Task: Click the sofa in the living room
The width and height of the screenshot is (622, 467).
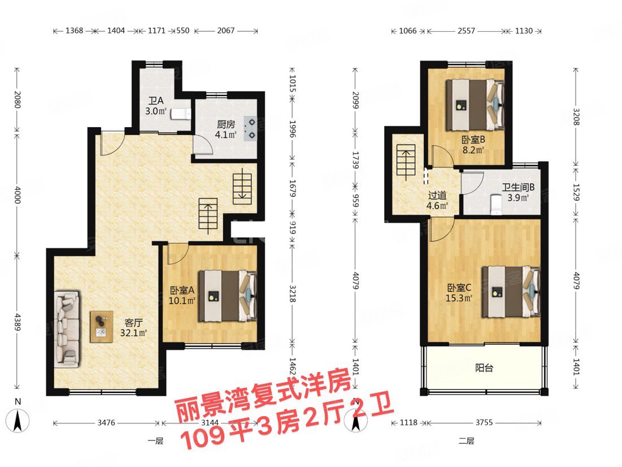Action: click(67, 327)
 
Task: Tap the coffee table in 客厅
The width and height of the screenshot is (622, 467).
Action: click(102, 327)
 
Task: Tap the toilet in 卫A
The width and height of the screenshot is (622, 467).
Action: click(180, 114)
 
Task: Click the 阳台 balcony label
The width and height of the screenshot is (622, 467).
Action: click(484, 368)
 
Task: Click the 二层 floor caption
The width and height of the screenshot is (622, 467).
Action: click(466, 441)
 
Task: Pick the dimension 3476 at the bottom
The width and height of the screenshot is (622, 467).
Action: click(106, 422)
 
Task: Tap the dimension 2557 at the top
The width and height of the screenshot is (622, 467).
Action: click(466, 31)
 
